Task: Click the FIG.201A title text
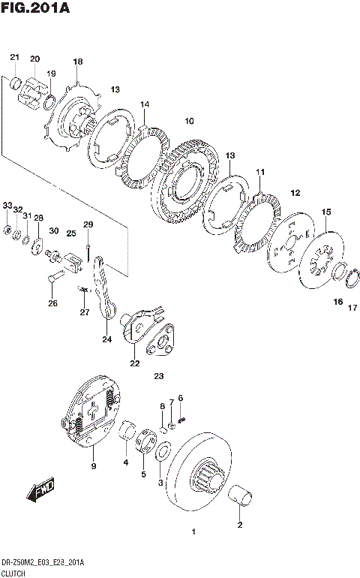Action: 35,8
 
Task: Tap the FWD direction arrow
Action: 40,489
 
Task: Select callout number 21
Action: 14,57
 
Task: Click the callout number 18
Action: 78,62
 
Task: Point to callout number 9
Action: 94,466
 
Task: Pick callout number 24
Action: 106,339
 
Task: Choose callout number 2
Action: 240,525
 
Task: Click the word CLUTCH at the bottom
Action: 13,573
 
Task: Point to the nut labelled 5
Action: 145,441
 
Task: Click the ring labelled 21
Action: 16,83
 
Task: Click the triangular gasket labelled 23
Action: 160,340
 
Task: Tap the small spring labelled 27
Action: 84,290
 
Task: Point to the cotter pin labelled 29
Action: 88,253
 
